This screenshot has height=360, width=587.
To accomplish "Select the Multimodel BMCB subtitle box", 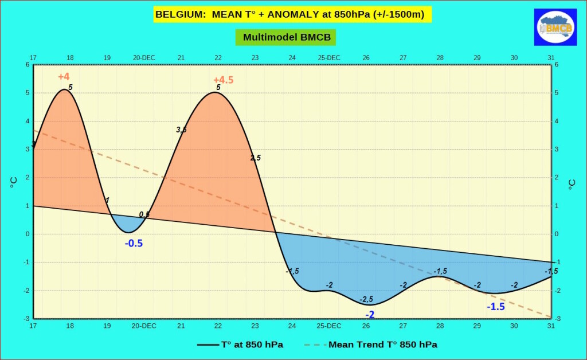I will click(x=285, y=37).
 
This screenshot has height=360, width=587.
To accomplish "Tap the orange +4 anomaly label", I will click(x=64, y=77).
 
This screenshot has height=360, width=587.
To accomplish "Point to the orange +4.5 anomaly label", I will click(x=223, y=80).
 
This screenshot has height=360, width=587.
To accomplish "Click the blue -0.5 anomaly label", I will click(x=134, y=243).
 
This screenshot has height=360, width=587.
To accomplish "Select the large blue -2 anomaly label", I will click(x=370, y=314).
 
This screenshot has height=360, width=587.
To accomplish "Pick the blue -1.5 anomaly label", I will click(x=496, y=307).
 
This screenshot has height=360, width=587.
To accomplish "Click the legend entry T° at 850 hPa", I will click(x=240, y=345).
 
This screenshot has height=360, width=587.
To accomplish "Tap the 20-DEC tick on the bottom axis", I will click(x=144, y=326).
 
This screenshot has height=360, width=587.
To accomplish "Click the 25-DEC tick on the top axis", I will click(x=329, y=57).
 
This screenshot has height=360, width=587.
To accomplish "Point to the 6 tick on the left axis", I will click(x=27, y=65).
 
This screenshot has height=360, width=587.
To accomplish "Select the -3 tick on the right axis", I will click(x=558, y=319).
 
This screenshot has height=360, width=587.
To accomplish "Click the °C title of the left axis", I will click(x=13, y=182).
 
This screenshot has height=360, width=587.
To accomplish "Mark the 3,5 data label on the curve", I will click(x=181, y=130).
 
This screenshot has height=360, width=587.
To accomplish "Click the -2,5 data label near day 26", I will click(x=366, y=299).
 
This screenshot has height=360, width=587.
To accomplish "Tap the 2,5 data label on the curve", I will click(x=256, y=158).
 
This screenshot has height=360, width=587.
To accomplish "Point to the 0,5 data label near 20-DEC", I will click(x=144, y=214).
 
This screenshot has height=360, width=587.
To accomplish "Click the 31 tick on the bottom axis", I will click(x=551, y=326).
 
